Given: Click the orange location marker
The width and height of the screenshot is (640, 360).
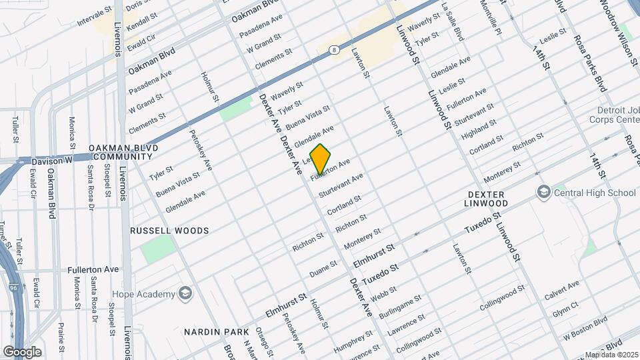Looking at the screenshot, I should tap(320, 159).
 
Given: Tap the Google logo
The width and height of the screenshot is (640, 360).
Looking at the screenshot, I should tap(22, 351).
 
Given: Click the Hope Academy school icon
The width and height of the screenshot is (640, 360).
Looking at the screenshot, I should tap(185, 294).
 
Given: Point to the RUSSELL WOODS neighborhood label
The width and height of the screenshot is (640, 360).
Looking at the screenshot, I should tap(169, 231).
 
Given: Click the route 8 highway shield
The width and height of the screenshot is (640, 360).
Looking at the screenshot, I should tap(333, 49).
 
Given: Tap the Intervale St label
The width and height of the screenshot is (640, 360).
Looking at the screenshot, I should tap(94, 13).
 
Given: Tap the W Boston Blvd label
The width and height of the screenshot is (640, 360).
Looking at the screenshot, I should tap(585, 329).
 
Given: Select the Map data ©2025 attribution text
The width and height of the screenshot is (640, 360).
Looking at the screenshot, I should tap(611, 355).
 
